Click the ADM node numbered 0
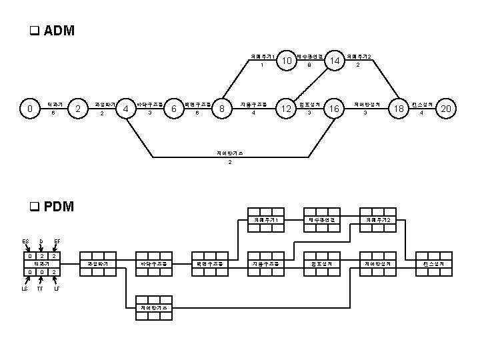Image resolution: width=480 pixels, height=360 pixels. pos(29,108)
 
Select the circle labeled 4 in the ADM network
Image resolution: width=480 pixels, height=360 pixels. pos(125,108)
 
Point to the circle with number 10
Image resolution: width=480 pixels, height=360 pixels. pos(287,61)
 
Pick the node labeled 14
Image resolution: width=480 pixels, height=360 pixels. pos(335,61)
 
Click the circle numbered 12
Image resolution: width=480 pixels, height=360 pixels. pos(287,108)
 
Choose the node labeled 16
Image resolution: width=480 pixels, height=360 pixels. pos(335,108)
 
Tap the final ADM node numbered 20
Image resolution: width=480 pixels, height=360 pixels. pos(447,108)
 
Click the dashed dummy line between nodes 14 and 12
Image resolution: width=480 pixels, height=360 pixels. pos(311,85)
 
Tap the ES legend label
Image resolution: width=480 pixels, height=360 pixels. pos(25,241)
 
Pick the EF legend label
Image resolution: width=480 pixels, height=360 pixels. pos(57,241)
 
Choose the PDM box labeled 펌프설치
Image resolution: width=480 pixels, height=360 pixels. pos(322,265)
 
